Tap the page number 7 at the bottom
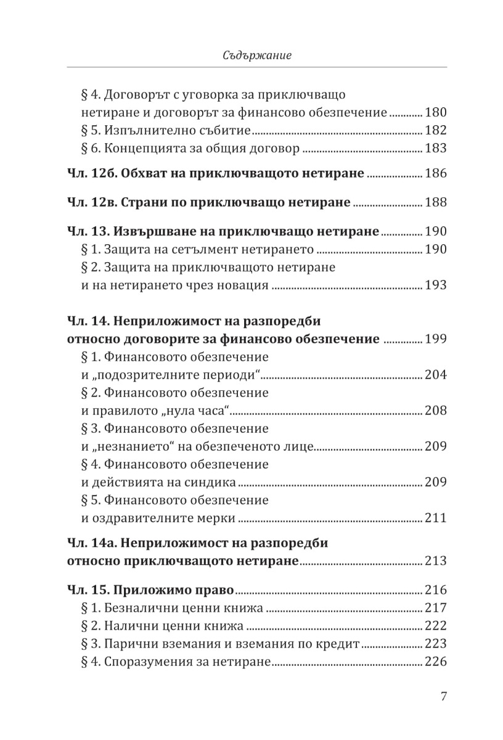(443, 697)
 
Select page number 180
(435, 113)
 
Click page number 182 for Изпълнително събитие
(435, 131)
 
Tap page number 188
(435, 202)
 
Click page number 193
(435, 286)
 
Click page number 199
(435, 339)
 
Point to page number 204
(435, 375)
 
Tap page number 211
(435, 518)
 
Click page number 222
(435, 627)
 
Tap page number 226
(435, 663)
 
